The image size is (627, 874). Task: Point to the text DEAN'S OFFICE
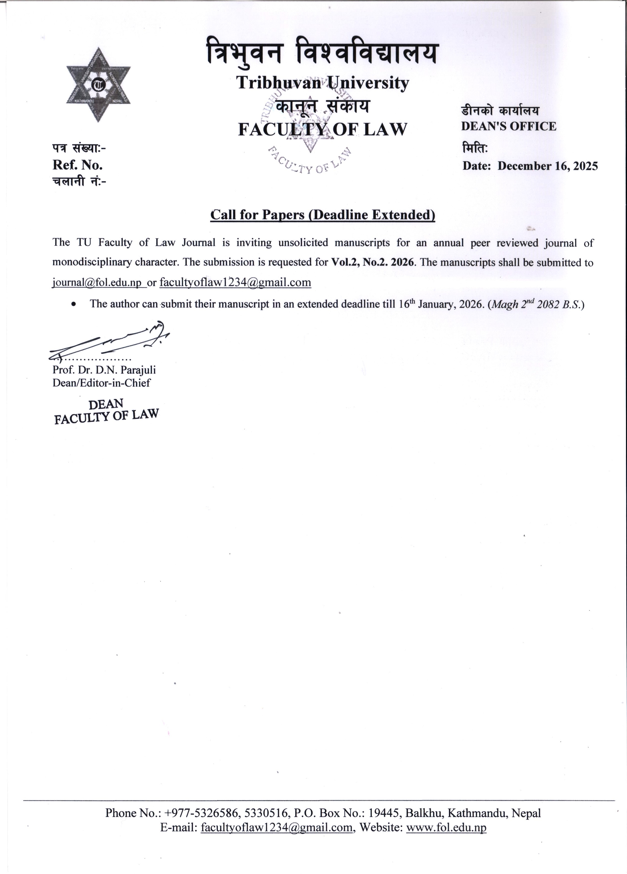(508, 126)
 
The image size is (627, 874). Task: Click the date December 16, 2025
(548, 166)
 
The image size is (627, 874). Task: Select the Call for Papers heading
(322, 215)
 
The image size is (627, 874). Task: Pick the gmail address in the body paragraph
(235, 283)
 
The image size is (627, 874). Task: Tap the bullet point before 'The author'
(73, 304)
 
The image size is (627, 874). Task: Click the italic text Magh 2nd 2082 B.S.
(536, 304)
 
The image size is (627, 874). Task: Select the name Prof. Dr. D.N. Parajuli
(104, 370)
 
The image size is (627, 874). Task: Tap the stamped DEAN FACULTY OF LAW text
(106, 411)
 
